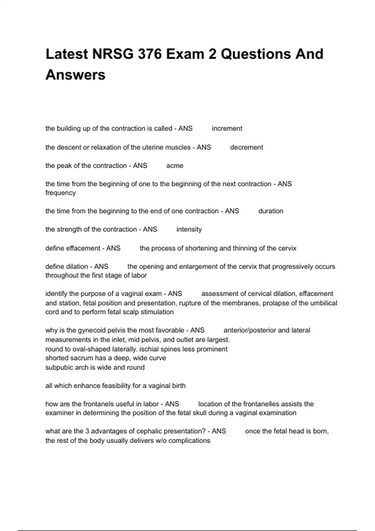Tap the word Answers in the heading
click(75, 75)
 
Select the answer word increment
click(227, 128)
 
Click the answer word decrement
click(247, 147)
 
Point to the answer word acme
click(175, 166)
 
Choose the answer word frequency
click(60, 193)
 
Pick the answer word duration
click(271, 211)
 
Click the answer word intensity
click(189, 229)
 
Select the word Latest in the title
click(67, 54)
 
